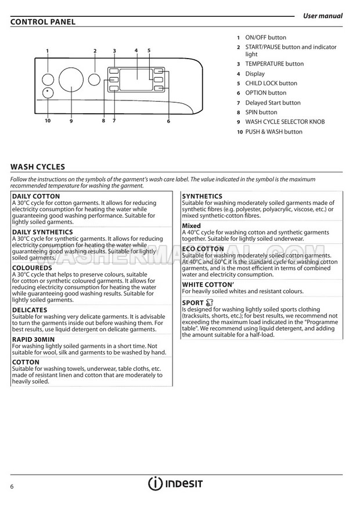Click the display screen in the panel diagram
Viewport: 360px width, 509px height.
136,78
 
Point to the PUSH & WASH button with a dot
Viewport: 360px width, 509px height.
48,93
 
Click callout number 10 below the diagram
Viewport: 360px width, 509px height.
48,121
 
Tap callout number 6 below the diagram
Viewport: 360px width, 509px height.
168,121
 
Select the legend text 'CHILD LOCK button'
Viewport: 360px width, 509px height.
271,83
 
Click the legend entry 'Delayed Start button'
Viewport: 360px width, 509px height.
273,103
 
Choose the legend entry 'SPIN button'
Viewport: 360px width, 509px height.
261,112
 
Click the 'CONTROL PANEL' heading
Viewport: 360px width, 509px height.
43,22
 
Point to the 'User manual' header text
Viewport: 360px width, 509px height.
323,16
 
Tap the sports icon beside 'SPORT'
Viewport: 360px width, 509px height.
210,302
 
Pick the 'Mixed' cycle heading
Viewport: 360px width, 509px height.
192,226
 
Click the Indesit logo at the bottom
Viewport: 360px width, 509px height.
175,483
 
